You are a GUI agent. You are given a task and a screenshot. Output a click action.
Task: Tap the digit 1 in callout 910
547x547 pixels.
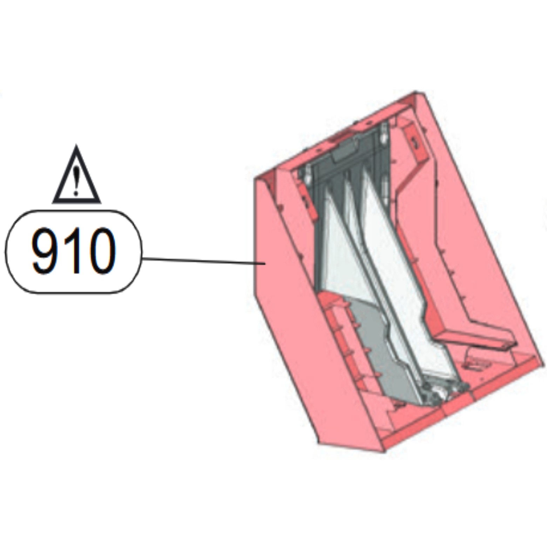point(75,251)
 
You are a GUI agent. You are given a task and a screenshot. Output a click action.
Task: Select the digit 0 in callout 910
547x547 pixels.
point(101,251)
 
